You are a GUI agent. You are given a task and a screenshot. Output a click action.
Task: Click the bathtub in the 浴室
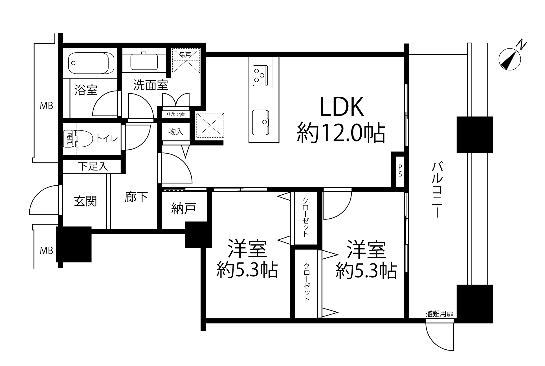[91, 63]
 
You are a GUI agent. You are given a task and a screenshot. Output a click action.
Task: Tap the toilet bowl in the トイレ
[83, 138]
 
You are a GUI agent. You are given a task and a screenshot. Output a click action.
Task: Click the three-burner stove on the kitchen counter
[260, 76]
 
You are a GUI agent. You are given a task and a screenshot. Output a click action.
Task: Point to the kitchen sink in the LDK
[260, 122]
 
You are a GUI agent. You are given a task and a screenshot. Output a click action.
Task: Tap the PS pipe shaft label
[400, 171]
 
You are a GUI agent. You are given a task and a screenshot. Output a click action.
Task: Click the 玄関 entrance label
[85, 201]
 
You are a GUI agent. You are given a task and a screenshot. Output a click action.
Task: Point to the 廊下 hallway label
[136, 197]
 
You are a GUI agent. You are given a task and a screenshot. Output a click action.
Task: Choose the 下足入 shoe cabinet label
[93, 166]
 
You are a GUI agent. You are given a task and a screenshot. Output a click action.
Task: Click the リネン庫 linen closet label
[175, 114]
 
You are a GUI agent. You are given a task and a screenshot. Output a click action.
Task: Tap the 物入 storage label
[176, 132]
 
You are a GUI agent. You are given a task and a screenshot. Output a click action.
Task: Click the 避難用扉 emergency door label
[439, 314]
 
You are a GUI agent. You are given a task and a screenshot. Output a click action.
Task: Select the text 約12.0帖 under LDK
[341, 132]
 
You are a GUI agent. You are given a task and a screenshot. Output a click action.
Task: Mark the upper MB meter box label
[46, 106]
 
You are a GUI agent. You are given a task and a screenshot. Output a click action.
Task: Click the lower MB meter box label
[46, 250]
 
